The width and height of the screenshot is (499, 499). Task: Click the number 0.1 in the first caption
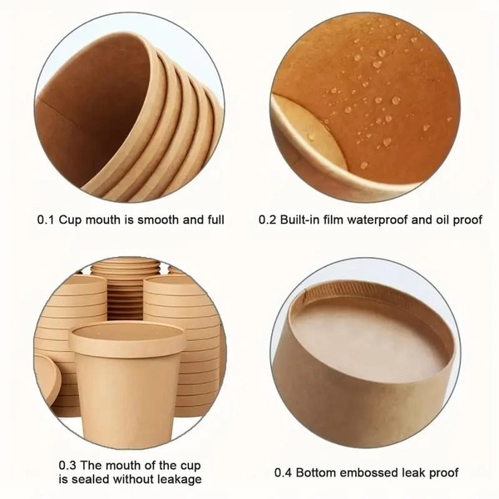[47, 220]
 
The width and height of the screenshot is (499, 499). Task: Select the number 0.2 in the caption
[268, 220]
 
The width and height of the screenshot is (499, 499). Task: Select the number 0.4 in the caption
[285, 472]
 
